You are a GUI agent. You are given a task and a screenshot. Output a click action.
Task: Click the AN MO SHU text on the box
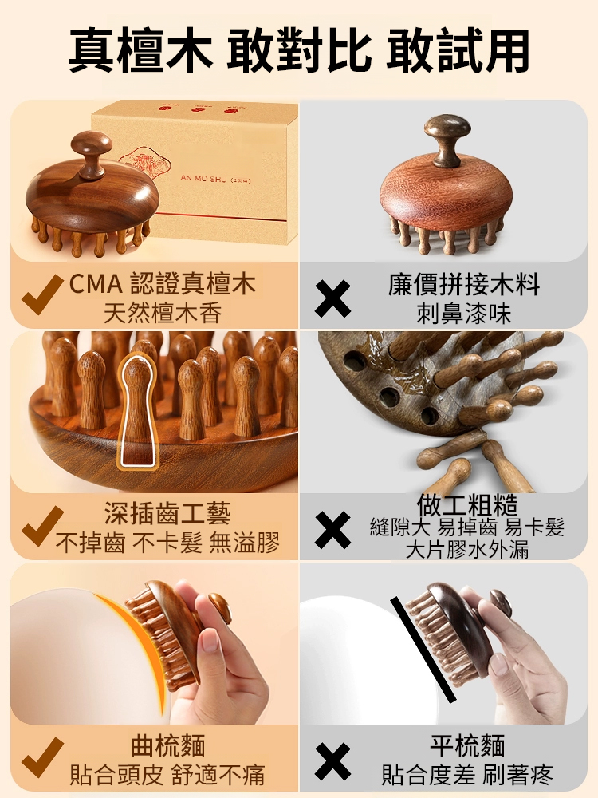(x=203, y=179)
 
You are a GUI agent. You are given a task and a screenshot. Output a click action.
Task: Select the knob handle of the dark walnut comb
(x=92, y=152)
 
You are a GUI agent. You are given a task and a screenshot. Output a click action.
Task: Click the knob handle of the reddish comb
(x=447, y=137)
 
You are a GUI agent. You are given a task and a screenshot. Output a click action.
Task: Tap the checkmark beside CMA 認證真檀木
(x=41, y=294)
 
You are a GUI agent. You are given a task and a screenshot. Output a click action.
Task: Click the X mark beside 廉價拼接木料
(x=332, y=298)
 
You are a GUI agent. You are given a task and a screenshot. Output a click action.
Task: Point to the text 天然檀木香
(x=163, y=313)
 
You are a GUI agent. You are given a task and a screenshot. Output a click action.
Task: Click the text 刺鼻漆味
(x=464, y=313)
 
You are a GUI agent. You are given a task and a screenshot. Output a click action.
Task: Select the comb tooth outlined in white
(x=137, y=410)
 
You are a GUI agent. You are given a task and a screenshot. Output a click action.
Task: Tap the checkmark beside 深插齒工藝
(x=41, y=526)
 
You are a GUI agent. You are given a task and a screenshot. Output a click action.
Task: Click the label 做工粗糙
(x=466, y=504)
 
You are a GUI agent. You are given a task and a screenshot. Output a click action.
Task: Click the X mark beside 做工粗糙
(x=332, y=530)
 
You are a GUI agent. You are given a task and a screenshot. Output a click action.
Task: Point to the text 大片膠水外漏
(x=466, y=550)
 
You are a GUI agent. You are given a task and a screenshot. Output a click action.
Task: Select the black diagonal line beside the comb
(x=423, y=650)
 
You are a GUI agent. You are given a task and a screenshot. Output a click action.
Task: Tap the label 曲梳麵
(x=167, y=746)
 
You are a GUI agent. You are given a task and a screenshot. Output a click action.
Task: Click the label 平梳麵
(x=466, y=746)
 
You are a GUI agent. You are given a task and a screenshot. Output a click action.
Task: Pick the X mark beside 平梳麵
(x=332, y=761)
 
